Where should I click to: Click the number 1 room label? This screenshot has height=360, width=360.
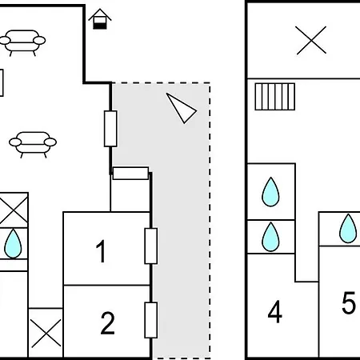coord(101,251)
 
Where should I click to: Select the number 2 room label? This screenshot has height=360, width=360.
coord(108,323)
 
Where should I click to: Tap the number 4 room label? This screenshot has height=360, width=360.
coord(275,311)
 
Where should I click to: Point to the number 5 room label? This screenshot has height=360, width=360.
coord(349,302)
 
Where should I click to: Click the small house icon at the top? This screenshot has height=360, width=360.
coord(100,18)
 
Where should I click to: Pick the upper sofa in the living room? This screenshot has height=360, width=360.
coord(22,42)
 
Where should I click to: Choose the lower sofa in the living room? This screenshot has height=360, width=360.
coord(33,145)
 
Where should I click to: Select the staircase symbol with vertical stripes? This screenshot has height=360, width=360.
coord(275,97)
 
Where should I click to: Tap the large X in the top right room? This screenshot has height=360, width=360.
coord(311,40)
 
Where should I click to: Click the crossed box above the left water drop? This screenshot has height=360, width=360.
coord(14,210)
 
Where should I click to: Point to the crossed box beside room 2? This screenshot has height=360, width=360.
coord(46,333)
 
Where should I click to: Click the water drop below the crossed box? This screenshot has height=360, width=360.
coord(13,244)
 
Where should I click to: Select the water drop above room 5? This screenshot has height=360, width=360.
coord(348,228)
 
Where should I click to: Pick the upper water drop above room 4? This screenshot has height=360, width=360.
coord(270,192)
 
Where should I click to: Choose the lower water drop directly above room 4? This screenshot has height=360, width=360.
coord(270,237)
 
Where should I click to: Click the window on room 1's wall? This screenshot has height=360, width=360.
coord(151,246)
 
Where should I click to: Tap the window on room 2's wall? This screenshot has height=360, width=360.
coord(151,320)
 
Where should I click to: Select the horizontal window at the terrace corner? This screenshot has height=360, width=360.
coord(130,174)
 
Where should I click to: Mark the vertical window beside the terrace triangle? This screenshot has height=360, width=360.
coord(110,129)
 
